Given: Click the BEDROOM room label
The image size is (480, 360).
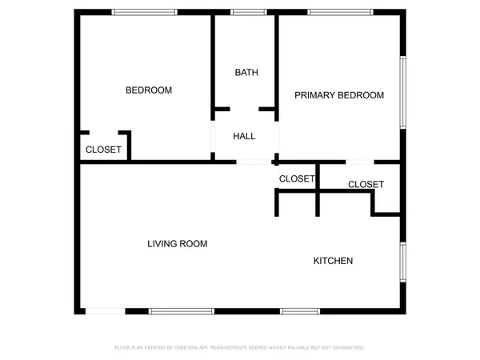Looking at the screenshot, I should [x=149, y=90].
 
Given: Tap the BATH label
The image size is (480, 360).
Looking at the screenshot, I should [x=246, y=73].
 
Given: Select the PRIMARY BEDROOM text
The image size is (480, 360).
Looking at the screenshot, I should [x=339, y=95].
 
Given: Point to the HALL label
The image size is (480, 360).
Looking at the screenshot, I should [x=244, y=136].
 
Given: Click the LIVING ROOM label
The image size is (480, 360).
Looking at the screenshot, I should [x=178, y=243].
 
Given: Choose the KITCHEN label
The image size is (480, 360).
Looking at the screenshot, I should [x=333, y=261].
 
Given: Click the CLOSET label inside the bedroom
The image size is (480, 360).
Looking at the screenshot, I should [x=103, y=150].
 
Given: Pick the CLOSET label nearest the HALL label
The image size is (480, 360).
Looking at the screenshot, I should [x=297, y=178].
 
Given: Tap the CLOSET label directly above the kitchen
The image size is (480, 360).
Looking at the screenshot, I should [x=366, y=185].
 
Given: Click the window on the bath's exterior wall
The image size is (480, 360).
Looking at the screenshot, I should [x=243, y=11].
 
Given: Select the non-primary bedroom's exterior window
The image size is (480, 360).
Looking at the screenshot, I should [x=144, y=11].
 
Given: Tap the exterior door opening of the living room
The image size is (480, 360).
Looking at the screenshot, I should [x=106, y=310].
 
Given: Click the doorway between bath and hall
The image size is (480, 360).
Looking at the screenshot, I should [x=245, y=109].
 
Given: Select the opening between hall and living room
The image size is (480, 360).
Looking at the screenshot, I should [x=254, y=162].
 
